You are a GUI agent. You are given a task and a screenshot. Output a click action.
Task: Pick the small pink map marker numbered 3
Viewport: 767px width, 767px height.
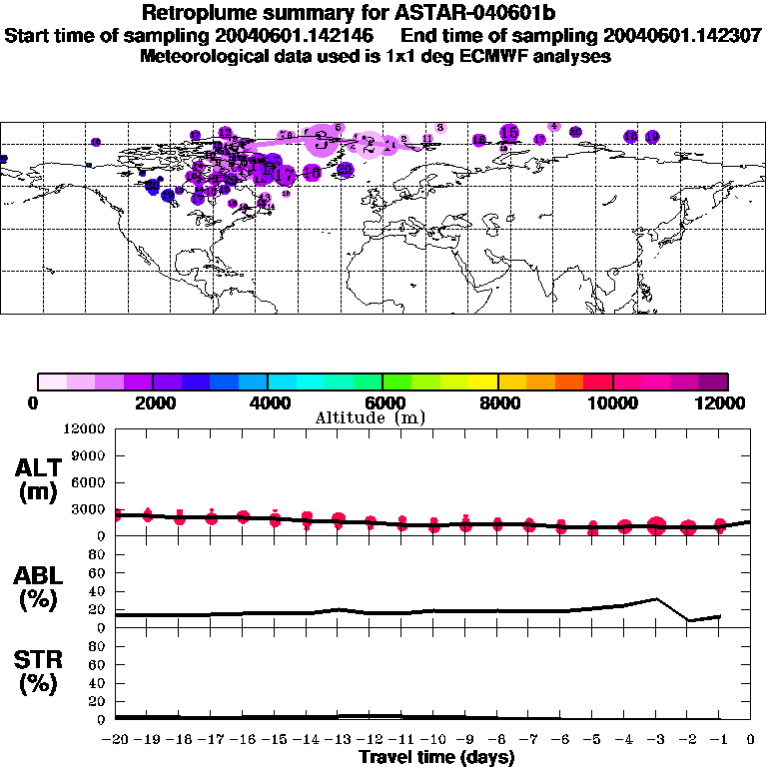coord(439,128)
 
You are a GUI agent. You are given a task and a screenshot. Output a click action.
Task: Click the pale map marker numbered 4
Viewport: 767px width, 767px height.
coord(553,127)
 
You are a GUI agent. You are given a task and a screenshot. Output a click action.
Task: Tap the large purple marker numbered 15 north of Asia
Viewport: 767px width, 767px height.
coord(509,133)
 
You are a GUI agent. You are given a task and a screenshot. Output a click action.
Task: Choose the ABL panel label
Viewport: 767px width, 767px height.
coord(39,587)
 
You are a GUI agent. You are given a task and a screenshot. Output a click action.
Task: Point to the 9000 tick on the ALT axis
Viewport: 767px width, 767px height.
coord(90,455)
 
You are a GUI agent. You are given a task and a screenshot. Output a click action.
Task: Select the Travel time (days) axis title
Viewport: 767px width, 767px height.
coord(436,757)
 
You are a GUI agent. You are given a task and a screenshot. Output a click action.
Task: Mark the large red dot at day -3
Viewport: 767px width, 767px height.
coord(656,526)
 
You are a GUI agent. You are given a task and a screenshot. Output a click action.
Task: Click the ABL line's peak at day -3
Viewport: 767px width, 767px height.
coord(656,599)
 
